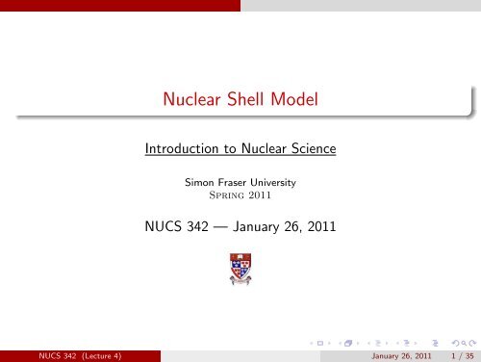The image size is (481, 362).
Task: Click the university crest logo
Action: [240, 272]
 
